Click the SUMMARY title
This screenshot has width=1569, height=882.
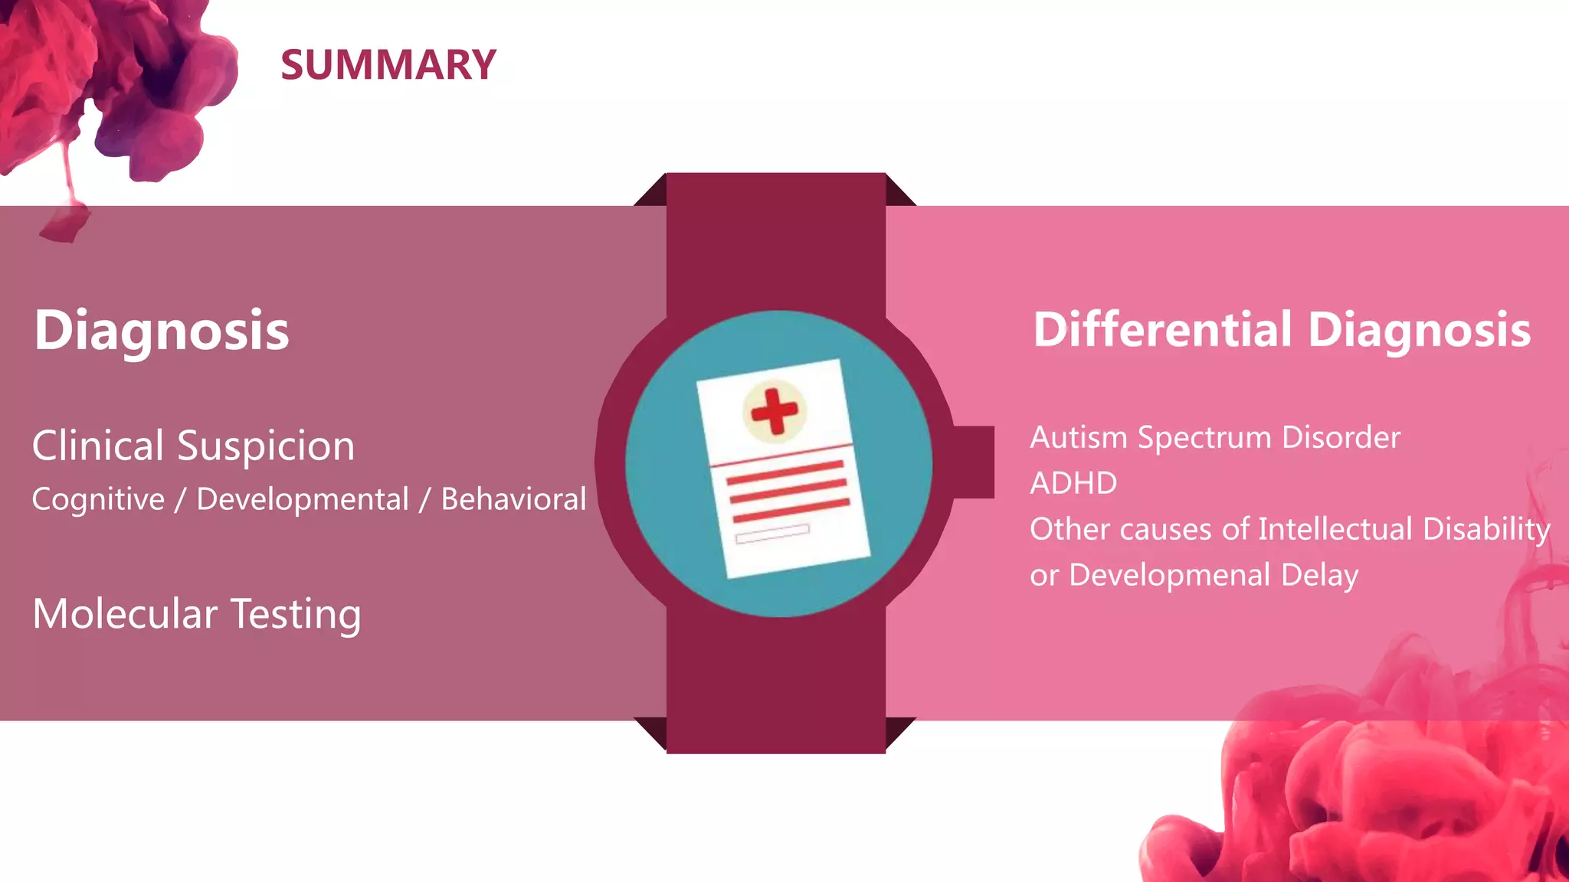388,65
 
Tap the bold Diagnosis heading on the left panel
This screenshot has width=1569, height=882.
162,331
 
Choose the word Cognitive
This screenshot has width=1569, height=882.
98,500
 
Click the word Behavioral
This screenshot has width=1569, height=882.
513,499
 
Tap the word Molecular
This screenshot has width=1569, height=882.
125,614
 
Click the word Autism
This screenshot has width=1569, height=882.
1079,437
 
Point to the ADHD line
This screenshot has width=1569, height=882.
1073,483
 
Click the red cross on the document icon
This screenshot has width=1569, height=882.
775,411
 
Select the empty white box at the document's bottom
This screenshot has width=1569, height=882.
771,533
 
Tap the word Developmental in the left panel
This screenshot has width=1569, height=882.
303,500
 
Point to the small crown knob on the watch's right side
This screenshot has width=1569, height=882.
974,462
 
